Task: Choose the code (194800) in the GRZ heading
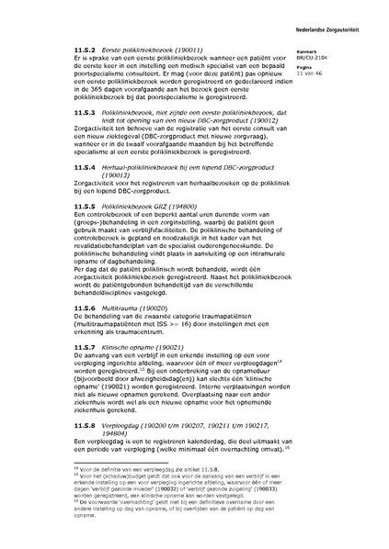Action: [201, 209]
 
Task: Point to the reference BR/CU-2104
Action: [338, 58]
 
